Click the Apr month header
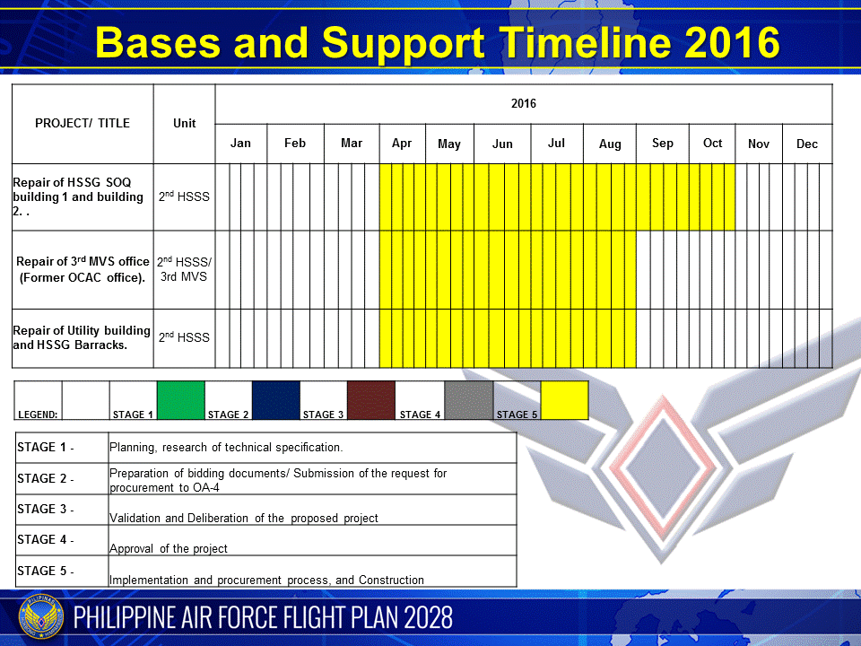(x=402, y=144)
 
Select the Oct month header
(x=712, y=143)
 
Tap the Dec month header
(x=806, y=144)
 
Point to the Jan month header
(x=240, y=143)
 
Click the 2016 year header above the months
(x=523, y=103)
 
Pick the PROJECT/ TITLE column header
(x=83, y=123)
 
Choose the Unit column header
(x=185, y=123)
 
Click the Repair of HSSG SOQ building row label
(x=78, y=196)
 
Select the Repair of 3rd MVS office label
(x=83, y=269)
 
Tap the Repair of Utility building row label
(x=82, y=337)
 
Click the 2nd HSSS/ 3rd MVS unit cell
(x=184, y=268)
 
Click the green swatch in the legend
(x=180, y=400)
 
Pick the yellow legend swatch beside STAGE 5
(x=564, y=400)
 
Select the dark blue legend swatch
(x=276, y=400)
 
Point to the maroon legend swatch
(x=371, y=400)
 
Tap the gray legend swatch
(x=468, y=400)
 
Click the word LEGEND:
(x=38, y=415)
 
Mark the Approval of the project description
(x=168, y=548)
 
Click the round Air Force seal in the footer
(x=41, y=617)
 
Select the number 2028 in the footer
(x=429, y=617)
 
